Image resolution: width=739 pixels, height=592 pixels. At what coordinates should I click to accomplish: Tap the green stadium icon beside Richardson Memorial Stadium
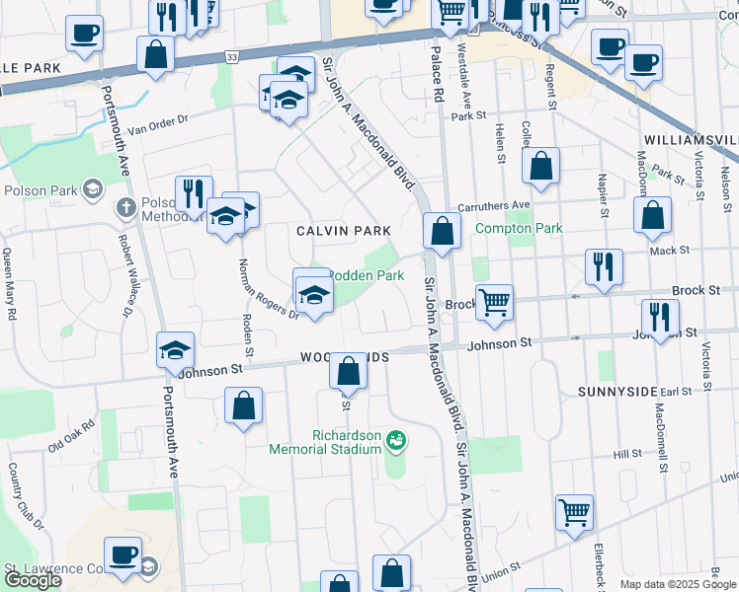396,440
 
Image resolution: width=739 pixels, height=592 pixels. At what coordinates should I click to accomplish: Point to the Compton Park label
519,228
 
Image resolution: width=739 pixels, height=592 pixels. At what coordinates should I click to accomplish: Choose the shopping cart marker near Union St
574,512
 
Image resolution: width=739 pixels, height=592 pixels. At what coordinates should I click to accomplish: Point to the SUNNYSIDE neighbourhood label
617,392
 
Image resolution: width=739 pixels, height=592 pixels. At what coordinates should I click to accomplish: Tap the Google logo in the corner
34,580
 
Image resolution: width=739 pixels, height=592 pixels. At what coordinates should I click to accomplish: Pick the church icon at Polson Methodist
124,208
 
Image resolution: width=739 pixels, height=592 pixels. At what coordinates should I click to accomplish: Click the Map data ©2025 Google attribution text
678,584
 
